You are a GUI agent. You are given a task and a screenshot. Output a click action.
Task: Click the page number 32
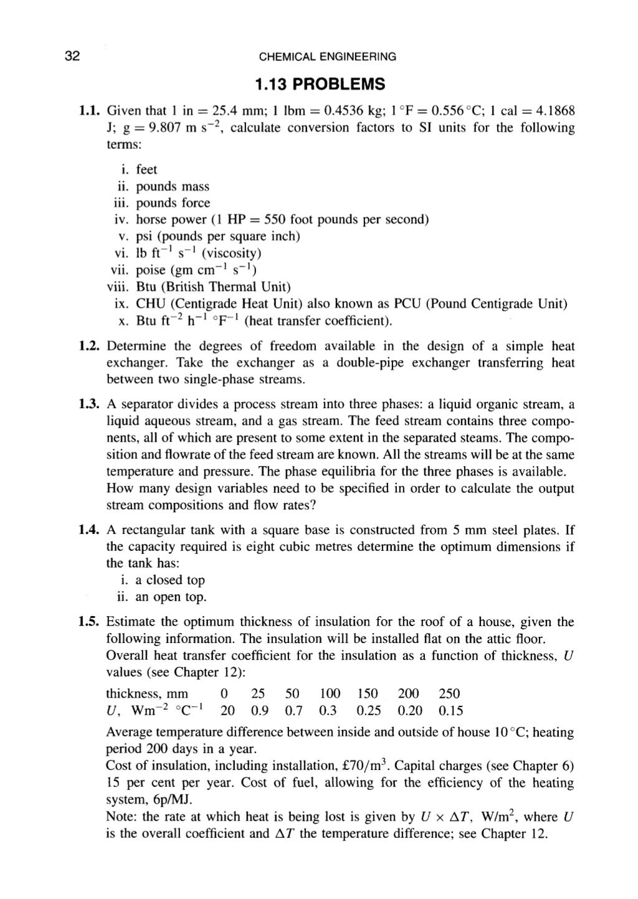[72, 57]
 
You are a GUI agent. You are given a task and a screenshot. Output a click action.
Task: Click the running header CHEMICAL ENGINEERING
[327, 57]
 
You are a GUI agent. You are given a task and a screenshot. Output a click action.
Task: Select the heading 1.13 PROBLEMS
[320, 84]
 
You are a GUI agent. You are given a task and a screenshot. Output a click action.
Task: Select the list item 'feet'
[146, 169]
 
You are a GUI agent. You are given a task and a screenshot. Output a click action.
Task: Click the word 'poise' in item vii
[151, 270]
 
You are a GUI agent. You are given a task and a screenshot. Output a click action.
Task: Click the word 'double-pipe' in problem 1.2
[368, 363]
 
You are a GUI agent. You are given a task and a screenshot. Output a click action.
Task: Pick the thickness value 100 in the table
[330, 694]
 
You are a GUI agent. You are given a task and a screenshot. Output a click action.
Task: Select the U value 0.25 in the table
[369, 711]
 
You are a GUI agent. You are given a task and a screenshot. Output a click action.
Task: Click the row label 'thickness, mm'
[147, 694]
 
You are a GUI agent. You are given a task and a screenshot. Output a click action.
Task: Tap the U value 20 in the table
[227, 711]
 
